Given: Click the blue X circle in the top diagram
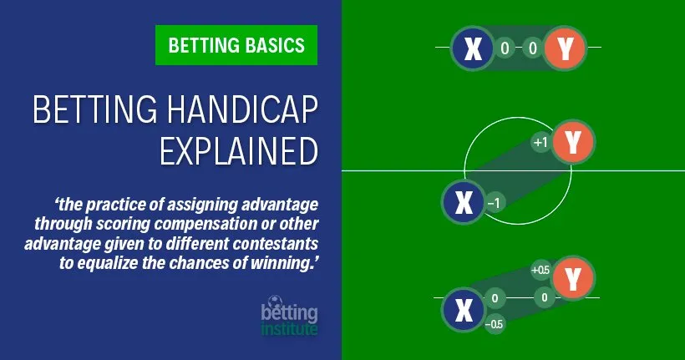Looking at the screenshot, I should click(473, 48).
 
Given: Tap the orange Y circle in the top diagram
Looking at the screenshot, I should click(565, 48).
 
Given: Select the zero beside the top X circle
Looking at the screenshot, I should click(505, 48).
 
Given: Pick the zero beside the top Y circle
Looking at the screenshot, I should click(532, 48).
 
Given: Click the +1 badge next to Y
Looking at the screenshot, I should click(540, 143).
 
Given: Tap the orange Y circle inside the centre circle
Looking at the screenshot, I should click(572, 142).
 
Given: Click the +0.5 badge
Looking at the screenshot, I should click(540, 271).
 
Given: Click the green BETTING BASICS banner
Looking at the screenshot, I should click(236, 44).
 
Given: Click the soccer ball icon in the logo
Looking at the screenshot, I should click(276, 302).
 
